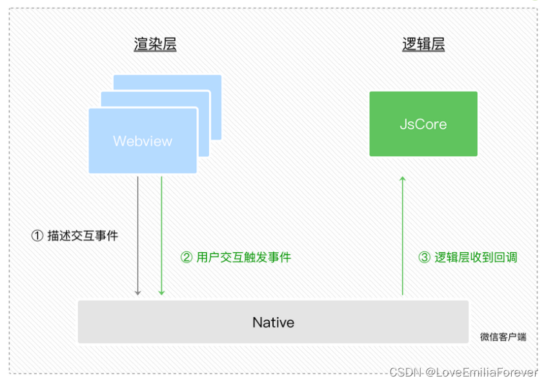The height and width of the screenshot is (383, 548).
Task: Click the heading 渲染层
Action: (155, 44)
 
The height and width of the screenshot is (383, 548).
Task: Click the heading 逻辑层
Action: (423, 44)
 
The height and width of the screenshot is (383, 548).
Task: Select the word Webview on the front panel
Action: (143, 141)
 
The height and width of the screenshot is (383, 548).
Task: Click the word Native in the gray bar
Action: (273, 322)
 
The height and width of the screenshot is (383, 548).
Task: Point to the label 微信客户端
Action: (503, 337)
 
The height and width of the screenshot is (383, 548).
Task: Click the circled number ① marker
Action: (37, 236)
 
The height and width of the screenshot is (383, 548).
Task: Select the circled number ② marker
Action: (186, 257)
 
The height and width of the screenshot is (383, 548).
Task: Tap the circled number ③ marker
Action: (424, 257)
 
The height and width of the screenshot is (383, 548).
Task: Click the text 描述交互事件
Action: (83, 236)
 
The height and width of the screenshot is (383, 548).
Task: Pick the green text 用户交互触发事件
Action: (243, 257)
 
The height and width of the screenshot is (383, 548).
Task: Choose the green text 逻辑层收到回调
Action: (476, 257)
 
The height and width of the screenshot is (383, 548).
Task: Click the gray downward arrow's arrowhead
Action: (137, 292)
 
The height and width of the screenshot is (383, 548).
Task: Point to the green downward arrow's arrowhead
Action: (161, 292)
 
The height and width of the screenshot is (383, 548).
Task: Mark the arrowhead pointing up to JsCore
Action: (403, 179)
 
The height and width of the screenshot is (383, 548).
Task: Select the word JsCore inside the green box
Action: (423, 124)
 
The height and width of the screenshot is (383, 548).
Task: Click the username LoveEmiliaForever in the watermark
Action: (486, 373)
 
